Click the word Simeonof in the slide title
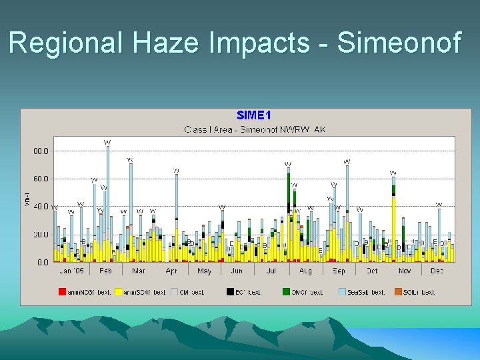pos(399,43)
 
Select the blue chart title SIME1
pos(253,115)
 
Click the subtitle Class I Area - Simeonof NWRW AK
pos(255,129)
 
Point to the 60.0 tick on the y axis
pos(41,179)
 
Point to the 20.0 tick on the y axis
pos(41,235)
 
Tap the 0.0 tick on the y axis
pos(43,263)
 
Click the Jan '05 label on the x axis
pos(71,271)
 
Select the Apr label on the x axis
pos(171,271)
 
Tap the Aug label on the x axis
pos(305,271)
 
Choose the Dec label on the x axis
pos(437,271)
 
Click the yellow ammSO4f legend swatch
pos(119,292)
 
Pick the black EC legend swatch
pos(230,292)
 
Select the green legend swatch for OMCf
pos(286,292)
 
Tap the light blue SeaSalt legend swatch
pos(342,292)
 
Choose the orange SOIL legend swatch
pos(399,292)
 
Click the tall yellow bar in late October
pos(393,227)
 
